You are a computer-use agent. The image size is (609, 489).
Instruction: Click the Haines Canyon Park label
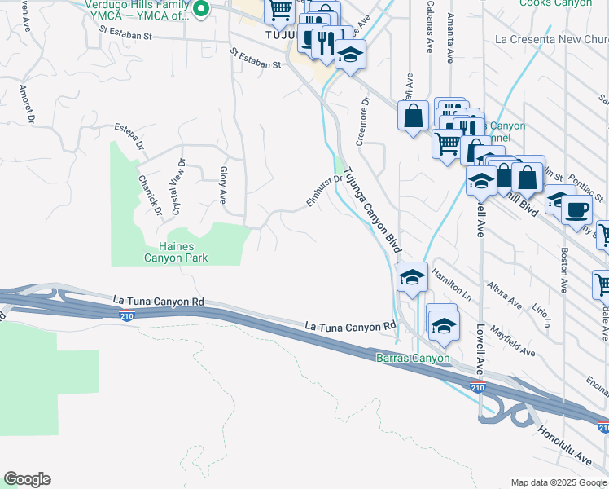176,252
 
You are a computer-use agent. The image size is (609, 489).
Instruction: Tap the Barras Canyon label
412,358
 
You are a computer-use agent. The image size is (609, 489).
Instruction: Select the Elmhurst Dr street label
324,191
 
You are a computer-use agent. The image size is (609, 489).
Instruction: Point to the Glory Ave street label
222,185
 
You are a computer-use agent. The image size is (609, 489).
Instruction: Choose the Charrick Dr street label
150,196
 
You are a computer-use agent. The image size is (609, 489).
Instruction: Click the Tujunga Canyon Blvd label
373,209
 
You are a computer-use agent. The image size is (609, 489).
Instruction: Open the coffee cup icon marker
578,209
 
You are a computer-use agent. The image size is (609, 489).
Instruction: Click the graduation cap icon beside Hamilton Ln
412,277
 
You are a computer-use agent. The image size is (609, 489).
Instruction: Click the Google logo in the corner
27,479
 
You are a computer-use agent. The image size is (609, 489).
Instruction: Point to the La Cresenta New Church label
551,40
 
